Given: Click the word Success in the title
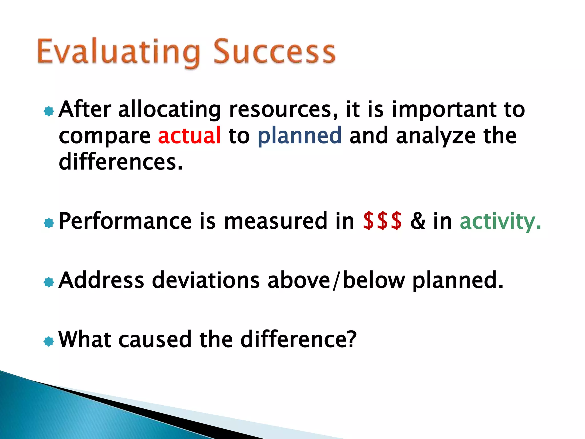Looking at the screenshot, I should [x=274, y=51].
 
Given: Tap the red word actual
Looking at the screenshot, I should [x=189, y=135].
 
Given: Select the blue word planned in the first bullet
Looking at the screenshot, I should [x=299, y=136].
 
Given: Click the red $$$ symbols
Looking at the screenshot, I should [x=382, y=221].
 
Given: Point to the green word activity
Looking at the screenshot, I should [x=500, y=222].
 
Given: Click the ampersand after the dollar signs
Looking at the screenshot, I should [x=418, y=221].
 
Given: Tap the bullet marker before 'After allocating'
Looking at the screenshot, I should [x=49, y=111].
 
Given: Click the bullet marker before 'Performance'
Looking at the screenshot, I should [x=49, y=223].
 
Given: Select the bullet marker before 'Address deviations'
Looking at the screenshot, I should [x=49, y=282].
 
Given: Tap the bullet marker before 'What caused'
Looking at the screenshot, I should [x=49, y=341].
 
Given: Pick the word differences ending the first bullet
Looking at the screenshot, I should [x=120, y=162].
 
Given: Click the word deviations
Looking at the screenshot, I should [x=206, y=280].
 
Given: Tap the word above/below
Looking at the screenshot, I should [x=336, y=280].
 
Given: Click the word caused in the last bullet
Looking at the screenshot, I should [x=155, y=340].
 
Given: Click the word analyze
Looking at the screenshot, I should [x=435, y=136].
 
